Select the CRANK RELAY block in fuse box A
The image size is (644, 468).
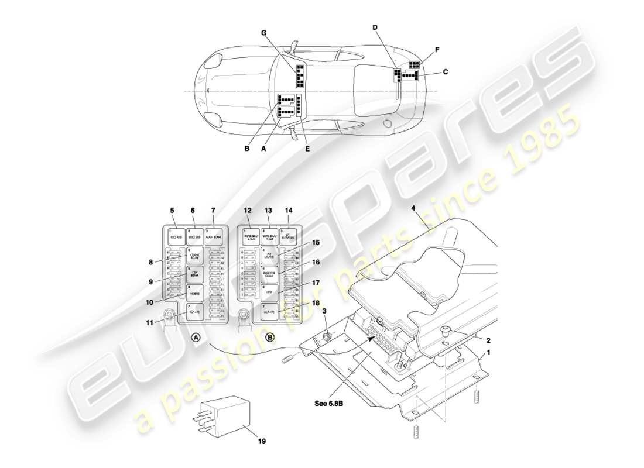click(x=195, y=256)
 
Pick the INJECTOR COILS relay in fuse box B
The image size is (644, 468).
click(x=269, y=274)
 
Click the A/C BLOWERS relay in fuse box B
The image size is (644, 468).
click(x=287, y=236)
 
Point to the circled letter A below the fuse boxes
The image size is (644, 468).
click(x=196, y=337)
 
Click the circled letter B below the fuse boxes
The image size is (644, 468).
click(x=270, y=337)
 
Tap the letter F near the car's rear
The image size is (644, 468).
click(x=437, y=50)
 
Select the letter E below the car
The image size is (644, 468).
click(x=307, y=149)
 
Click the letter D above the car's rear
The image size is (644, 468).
click(x=375, y=27)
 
